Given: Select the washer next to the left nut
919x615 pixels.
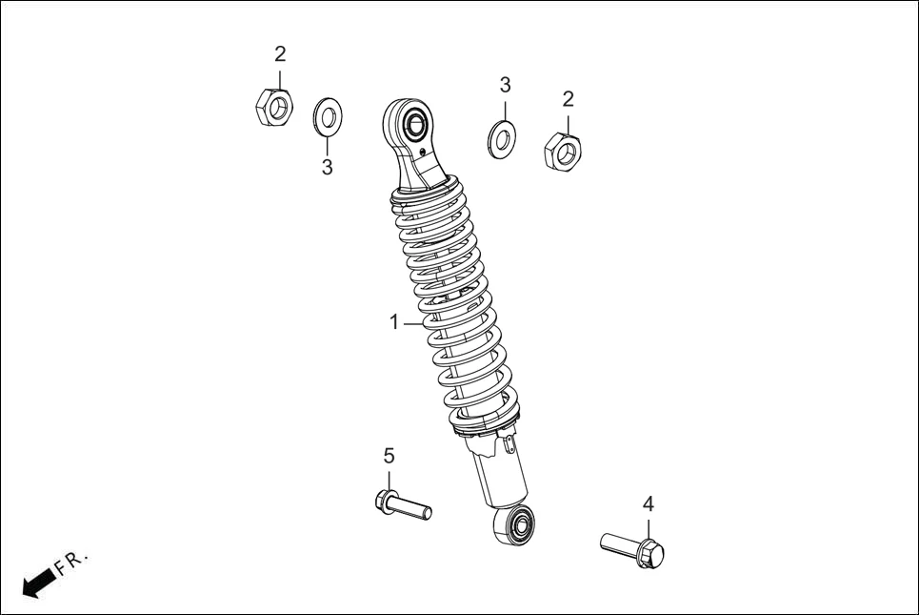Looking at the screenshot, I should point(328,117).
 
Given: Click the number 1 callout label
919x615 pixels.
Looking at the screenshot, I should point(394,322).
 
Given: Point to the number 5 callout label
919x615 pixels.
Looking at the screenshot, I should point(389,456).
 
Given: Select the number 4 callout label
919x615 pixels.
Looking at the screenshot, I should point(648,503).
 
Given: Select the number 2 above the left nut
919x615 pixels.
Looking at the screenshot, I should point(280,53).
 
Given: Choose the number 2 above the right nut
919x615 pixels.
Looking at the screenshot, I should point(569,98).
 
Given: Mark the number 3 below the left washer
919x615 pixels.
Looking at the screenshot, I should point(327,168).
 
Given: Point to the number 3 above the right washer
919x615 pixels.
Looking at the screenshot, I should point(505,85).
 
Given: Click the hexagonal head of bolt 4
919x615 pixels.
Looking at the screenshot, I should point(651,551).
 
